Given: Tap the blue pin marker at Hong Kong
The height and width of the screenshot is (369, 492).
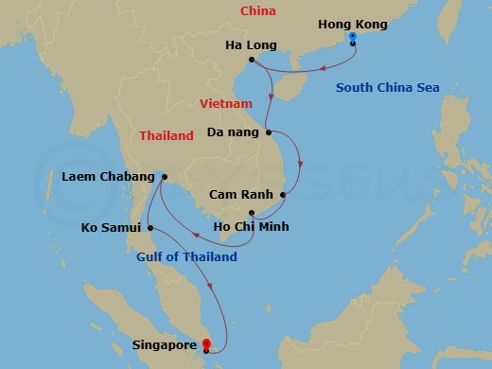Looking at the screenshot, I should [352, 38].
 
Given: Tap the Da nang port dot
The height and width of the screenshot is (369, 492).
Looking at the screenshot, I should [269, 132].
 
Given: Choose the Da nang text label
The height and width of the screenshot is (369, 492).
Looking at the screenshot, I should [232, 132].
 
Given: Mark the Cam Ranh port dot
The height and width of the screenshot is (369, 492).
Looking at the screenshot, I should [282, 196].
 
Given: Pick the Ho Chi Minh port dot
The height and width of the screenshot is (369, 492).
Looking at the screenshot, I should [251, 213].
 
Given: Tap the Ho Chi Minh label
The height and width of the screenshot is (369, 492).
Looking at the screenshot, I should [251, 227].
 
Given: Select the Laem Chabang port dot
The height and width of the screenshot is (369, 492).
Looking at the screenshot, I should [164, 176].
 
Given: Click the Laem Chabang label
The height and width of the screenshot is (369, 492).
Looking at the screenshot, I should [107, 177].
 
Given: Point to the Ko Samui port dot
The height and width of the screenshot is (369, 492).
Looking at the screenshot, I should [150, 227].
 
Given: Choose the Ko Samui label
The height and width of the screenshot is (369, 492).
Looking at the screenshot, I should [112, 227].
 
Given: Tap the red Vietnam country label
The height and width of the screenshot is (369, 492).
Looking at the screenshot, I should [225, 102].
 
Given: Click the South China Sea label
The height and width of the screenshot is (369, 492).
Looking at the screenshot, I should [387, 89].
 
